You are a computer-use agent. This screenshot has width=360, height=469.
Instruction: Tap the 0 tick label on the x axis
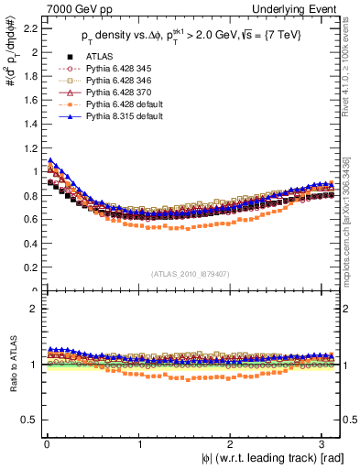coord(45,443)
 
